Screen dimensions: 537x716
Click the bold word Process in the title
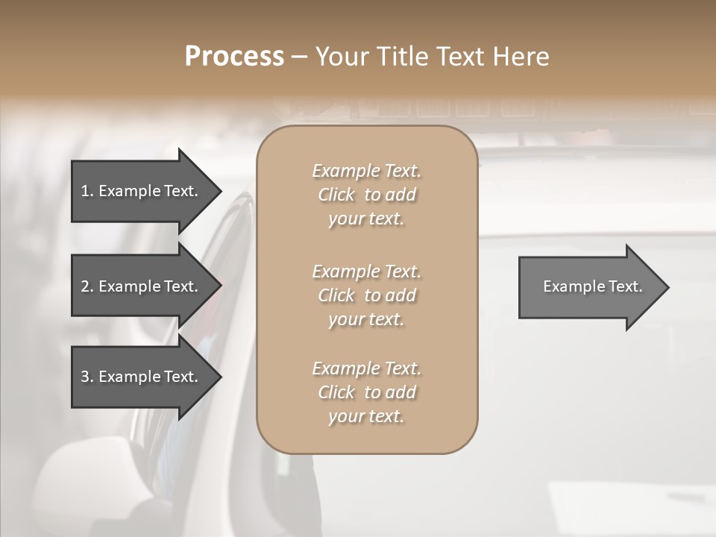(x=234, y=57)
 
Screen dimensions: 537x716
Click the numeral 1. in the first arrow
(x=87, y=191)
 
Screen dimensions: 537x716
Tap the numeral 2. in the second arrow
(x=87, y=286)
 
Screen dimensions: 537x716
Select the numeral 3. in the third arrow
(x=87, y=377)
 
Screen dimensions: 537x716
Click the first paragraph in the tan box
(x=366, y=195)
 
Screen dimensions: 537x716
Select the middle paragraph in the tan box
(x=366, y=295)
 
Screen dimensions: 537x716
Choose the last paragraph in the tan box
(x=366, y=392)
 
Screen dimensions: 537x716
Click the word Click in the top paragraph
(x=336, y=195)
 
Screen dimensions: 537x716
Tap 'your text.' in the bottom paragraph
(x=366, y=416)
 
